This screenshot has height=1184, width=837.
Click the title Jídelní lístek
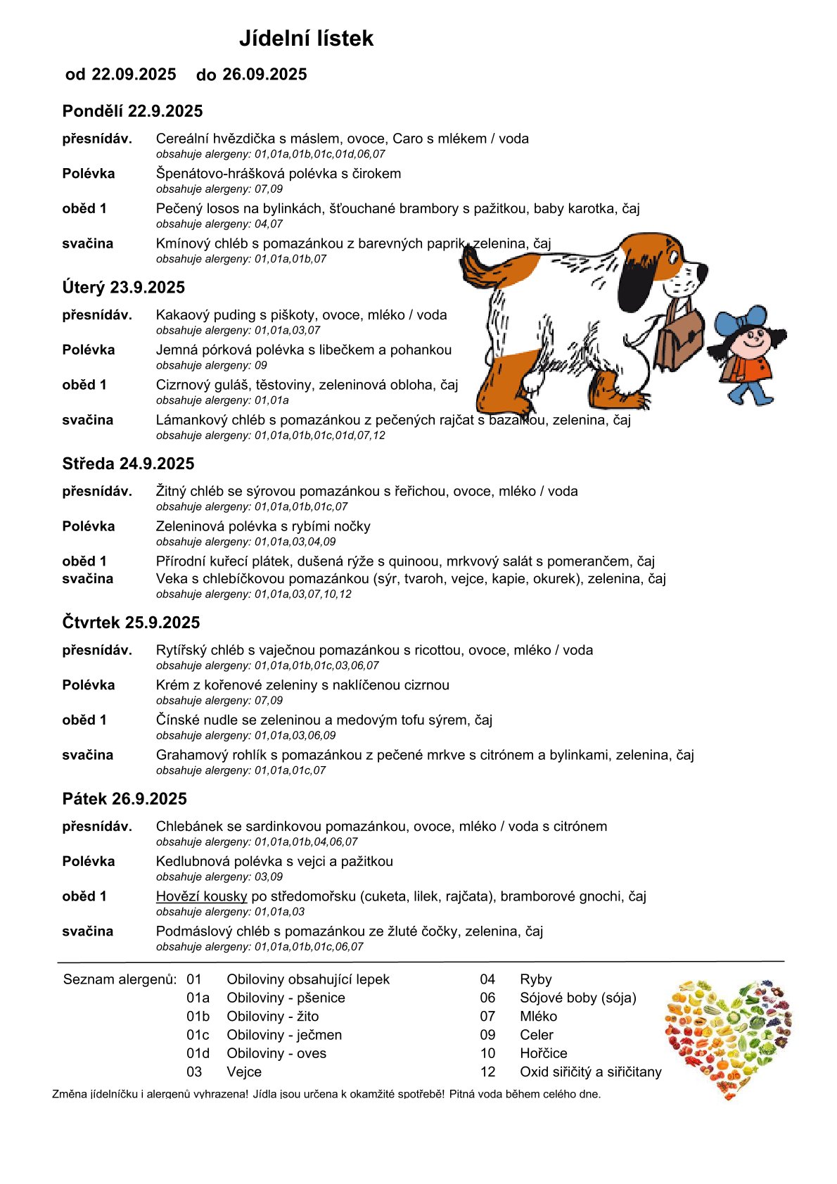[x=306, y=38]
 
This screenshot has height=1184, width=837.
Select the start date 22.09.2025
[x=134, y=75]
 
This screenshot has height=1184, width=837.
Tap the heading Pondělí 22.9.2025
[x=132, y=111]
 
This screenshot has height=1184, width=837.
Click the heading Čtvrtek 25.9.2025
[x=131, y=623]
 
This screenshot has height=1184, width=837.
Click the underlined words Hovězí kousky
[x=201, y=896]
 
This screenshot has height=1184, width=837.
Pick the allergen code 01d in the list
[x=198, y=1053]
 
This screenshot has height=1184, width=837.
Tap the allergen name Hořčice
[x=543, y=1053]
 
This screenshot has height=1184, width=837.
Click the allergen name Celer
[x=536, y=1035]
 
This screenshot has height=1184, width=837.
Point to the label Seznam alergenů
[x=120, y=979]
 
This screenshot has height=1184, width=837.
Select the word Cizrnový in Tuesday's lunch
[x=185, y=386]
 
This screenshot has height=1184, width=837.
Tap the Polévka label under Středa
[x=88, y=526]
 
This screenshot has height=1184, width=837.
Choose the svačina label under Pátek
[x=87, y=931]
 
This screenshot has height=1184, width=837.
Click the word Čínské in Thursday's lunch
[x=177, y=720]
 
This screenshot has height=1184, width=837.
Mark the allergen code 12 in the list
[x=487, y=1072]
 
